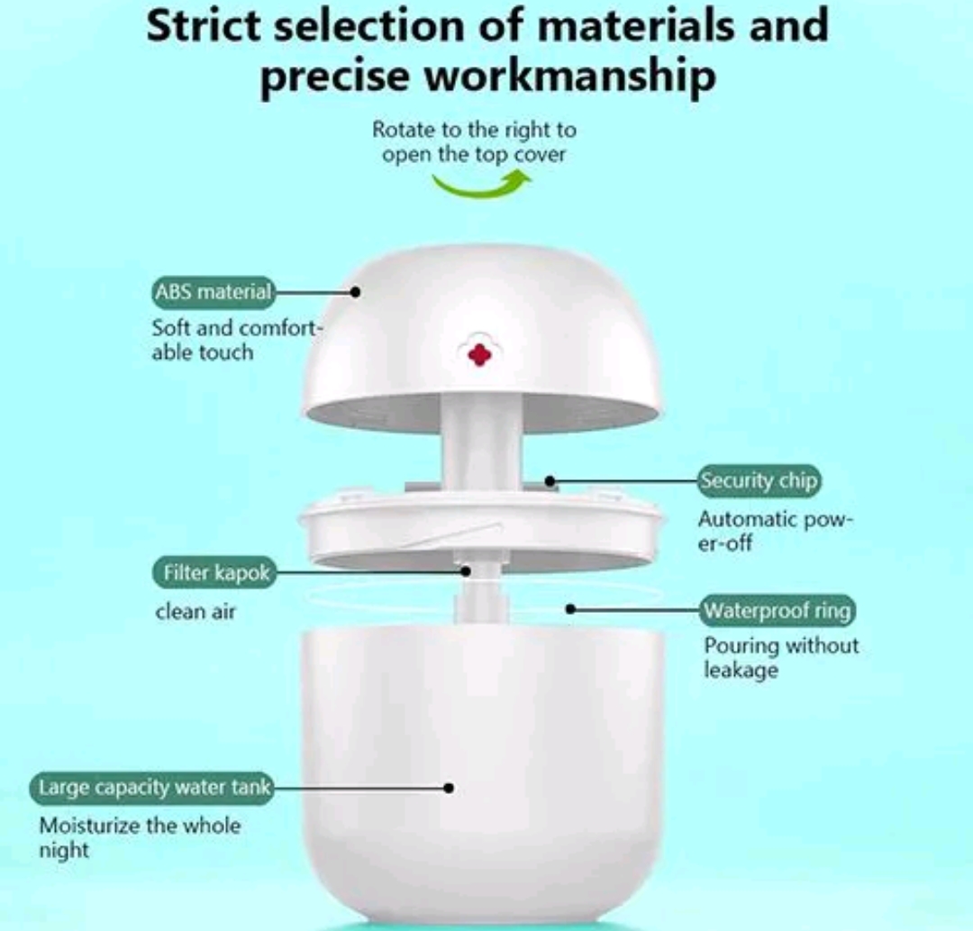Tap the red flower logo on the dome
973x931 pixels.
pos(479,354)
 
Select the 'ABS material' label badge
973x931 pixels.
pos(213,292)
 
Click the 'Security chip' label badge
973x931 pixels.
pos(759,481)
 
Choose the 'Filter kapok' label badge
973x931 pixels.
pos(214,572)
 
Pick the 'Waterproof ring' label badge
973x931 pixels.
pos(777,610)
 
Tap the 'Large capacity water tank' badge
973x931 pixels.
pos(152,788)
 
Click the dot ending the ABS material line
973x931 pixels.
pos(355,292)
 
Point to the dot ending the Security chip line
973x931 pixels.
pos(550,481)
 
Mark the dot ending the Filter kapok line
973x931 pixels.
pos(466,571)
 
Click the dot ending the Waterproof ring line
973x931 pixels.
pos(571,609)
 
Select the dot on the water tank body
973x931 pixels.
pos(449,789)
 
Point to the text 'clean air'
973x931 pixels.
pos(196,612)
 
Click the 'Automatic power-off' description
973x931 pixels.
pos(776,531)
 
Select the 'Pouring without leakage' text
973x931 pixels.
pos(781,658)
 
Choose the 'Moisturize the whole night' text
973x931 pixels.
pos(140,838)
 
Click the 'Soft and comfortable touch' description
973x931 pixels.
pos(237,340)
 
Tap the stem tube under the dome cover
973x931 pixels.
pos(481,443)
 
